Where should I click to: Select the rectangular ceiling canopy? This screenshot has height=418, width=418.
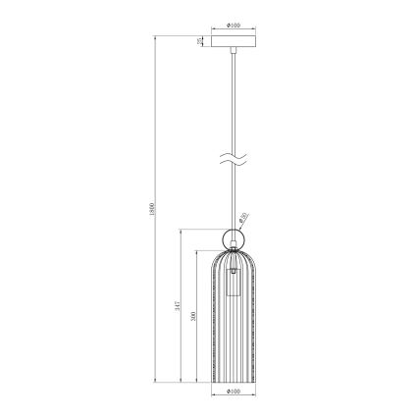click(x=233, y=42)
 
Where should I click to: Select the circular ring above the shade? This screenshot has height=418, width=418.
click(x=234, y=237)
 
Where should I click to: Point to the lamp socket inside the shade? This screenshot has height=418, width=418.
click(x=235, y=284)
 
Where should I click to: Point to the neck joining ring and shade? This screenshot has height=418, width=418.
click(x=234, y=250)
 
